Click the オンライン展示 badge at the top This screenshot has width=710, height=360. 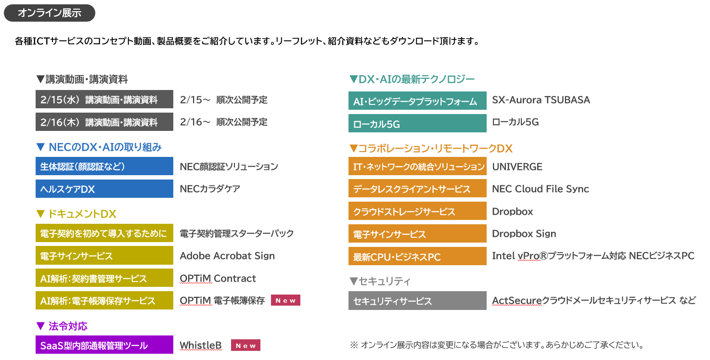pyautogui.click(x=49, y=13)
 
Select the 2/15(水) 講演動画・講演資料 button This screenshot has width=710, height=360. pyautogui.click(x=104, y=100)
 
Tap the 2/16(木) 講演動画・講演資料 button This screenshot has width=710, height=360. pyautogui.click(x=104, y=122)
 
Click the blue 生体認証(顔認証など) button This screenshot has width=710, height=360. pyautogui.click(x=104, y=167)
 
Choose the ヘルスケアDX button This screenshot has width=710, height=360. pyautogui.click(x=104, y=189)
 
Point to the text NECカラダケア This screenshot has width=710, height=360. pyautogui.click(x=210, y=189)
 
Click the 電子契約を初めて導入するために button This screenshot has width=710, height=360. pyautogui.click(x=104, y=233)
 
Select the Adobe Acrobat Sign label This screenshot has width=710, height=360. pyautogui.click(x=227, y=256)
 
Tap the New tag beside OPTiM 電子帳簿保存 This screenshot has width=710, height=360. pyautogui.click(x=286, y=300)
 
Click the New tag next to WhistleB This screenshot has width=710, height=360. pyautogui.click(x=245, y=345)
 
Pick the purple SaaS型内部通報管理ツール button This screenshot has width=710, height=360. pyautogui.click(x=104, y=345)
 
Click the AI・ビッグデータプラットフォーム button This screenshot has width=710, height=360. pyautogui.click(x=417, y=101)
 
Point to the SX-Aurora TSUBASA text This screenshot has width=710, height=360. pyautogui.click(x=541, y=100)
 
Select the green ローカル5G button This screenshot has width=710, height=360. pyautogui.click(x=417, y=123)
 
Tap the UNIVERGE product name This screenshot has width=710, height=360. pyautogui.click(x=517, y=167)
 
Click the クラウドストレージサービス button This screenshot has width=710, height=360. pyautogui.click(x=417, y=211)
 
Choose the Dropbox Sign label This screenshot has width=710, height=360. pyautogui.click(x=524, y=233)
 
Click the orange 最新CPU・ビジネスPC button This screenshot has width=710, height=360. pyautogui.click(x=417, y=256)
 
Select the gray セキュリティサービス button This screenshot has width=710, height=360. pyautogui.click(x=417, y=301)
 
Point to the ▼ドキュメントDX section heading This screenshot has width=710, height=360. pyautogui.click(x=76, y=214)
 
